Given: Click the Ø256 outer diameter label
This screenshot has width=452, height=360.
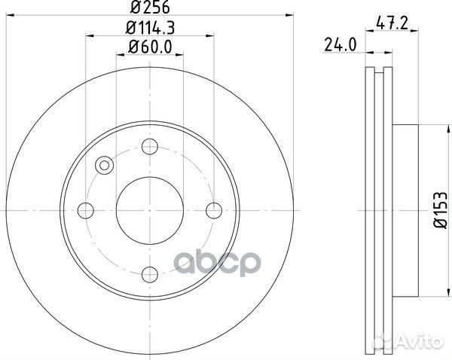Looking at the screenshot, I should [x=150, y=10].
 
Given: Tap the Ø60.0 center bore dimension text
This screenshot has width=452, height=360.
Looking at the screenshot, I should [x=150, y=47].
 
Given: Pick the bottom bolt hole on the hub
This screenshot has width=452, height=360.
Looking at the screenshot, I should [x=150, y=273].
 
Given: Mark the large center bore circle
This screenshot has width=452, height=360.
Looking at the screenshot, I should [x=150, y=209].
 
